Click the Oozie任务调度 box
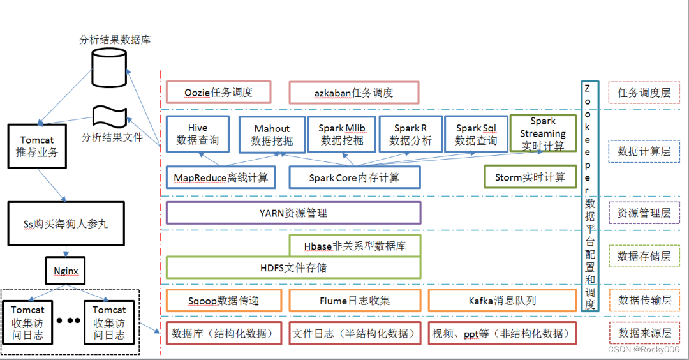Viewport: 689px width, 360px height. click(218, 93)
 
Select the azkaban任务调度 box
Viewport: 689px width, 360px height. click(353, 93)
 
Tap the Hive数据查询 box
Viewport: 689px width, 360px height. click(198, 134)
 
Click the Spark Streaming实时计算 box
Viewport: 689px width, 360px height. click(543, 133)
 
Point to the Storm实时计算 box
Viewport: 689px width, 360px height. click(530, 177)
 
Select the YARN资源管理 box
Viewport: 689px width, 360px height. click(293, 213)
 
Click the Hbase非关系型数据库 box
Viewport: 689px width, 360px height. click(355, 246)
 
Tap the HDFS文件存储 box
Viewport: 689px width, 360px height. click(293, 267)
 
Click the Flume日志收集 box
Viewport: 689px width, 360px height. click(354, 301)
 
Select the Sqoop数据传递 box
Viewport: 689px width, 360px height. click(225, 301)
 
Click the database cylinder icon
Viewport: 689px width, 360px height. click(109, 66)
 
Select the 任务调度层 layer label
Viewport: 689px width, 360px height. click(644, 93)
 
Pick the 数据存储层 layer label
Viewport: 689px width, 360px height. click(644, 257)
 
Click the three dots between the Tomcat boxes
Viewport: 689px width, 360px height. click(69, 320)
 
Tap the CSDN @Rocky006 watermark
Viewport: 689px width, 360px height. click(643, 349)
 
